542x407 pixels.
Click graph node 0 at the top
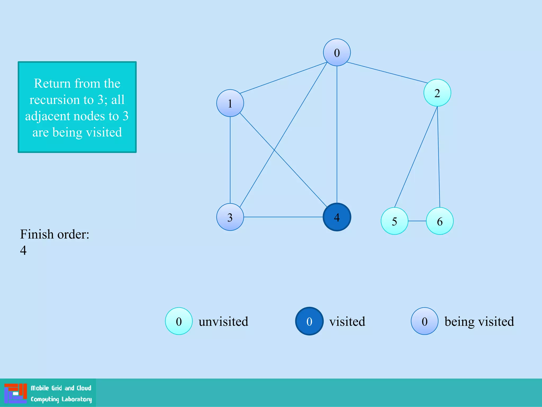pos(337,52)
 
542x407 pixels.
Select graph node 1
pos(230,103)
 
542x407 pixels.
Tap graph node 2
pos(437,93)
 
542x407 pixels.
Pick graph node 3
pos(230,217)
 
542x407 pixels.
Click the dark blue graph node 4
pos(337,217)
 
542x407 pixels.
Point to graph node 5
pos(394,221)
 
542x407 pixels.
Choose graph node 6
pos(440,221)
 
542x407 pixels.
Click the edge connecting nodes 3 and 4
pos(283,217)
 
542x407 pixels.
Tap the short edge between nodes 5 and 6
pos(417,221)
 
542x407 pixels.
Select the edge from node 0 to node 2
pos(386,72)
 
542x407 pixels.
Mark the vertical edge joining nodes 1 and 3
pos(230,160)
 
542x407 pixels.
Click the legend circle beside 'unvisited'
pos(179,321)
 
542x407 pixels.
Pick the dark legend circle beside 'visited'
pos(309,321)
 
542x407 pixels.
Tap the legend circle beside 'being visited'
pos(424,321)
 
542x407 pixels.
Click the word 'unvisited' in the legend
pos(223,322)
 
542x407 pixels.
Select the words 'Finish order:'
pos(55,234)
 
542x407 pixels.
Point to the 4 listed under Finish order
pos(23,250)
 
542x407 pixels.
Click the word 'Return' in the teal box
pos(52,83)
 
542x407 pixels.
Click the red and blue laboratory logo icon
pos(16,393)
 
